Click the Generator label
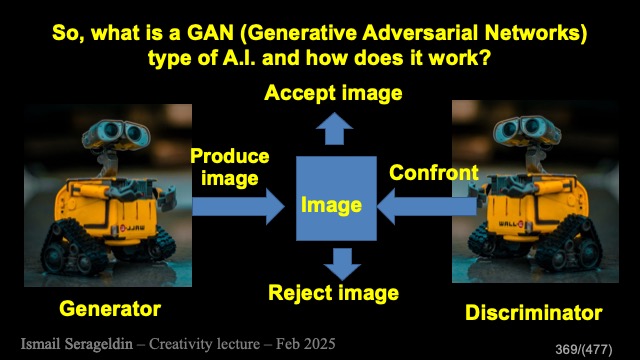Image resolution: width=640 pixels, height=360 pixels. click(110, 309)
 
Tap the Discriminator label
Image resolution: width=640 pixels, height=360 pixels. click(533, 313)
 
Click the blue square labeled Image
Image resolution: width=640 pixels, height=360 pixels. click(336, 198)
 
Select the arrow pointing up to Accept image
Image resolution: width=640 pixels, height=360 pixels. click(334, 129)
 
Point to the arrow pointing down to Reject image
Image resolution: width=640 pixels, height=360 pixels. click(342, 264)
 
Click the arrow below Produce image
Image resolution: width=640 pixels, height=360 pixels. click(238, 207)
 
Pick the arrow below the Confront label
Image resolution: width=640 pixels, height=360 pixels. click(427, 207)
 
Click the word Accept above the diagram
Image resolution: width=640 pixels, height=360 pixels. click(300, 93)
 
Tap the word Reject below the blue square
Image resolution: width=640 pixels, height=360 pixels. click(300, 293)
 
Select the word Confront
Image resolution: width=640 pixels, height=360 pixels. click(434, 173)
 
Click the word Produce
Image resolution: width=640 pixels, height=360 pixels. click(230, 156)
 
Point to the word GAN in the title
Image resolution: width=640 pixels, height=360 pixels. click(211, 33)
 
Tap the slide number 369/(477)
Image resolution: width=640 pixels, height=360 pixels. click(584, 349)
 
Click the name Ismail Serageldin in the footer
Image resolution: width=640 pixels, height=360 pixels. click(77, 344)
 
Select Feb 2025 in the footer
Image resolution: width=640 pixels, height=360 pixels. click(306, 344)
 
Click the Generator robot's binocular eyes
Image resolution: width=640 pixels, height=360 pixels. click(117, 134)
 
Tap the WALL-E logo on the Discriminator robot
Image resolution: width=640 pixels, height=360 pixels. click(511, 224)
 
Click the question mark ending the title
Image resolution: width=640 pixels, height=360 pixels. click(484, 58)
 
